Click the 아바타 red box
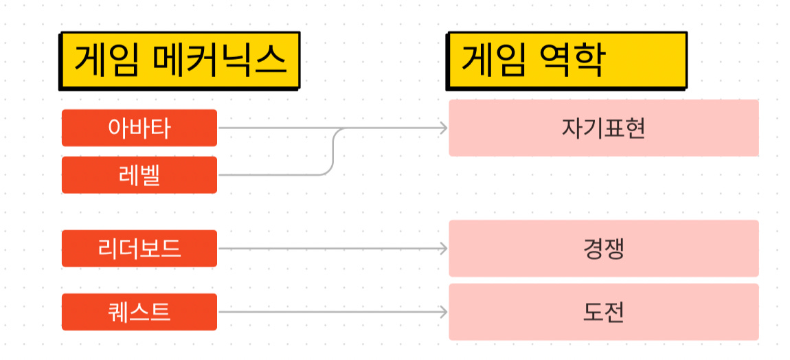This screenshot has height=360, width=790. pos(139,128)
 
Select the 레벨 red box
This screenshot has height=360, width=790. pos(139,175)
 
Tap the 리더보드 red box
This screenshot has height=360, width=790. pos(139,248)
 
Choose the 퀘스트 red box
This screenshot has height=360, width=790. pos(139,312)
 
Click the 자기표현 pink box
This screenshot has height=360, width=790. pos(603,128)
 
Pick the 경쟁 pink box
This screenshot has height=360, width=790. pos(603,248)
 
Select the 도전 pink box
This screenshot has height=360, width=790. pos(603,312)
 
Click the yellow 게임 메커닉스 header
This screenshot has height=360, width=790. pos(179,60)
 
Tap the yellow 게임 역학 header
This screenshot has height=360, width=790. pos(566,60)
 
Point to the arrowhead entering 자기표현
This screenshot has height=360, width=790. pos(443,128)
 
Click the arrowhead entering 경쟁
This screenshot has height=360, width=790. pos(443,248)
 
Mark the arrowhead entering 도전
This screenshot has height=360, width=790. pos(443,312)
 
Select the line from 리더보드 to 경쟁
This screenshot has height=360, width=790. pos(330,248)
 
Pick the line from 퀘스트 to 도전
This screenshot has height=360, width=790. pos(330,312)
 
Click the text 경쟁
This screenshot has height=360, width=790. pos(603,248)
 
